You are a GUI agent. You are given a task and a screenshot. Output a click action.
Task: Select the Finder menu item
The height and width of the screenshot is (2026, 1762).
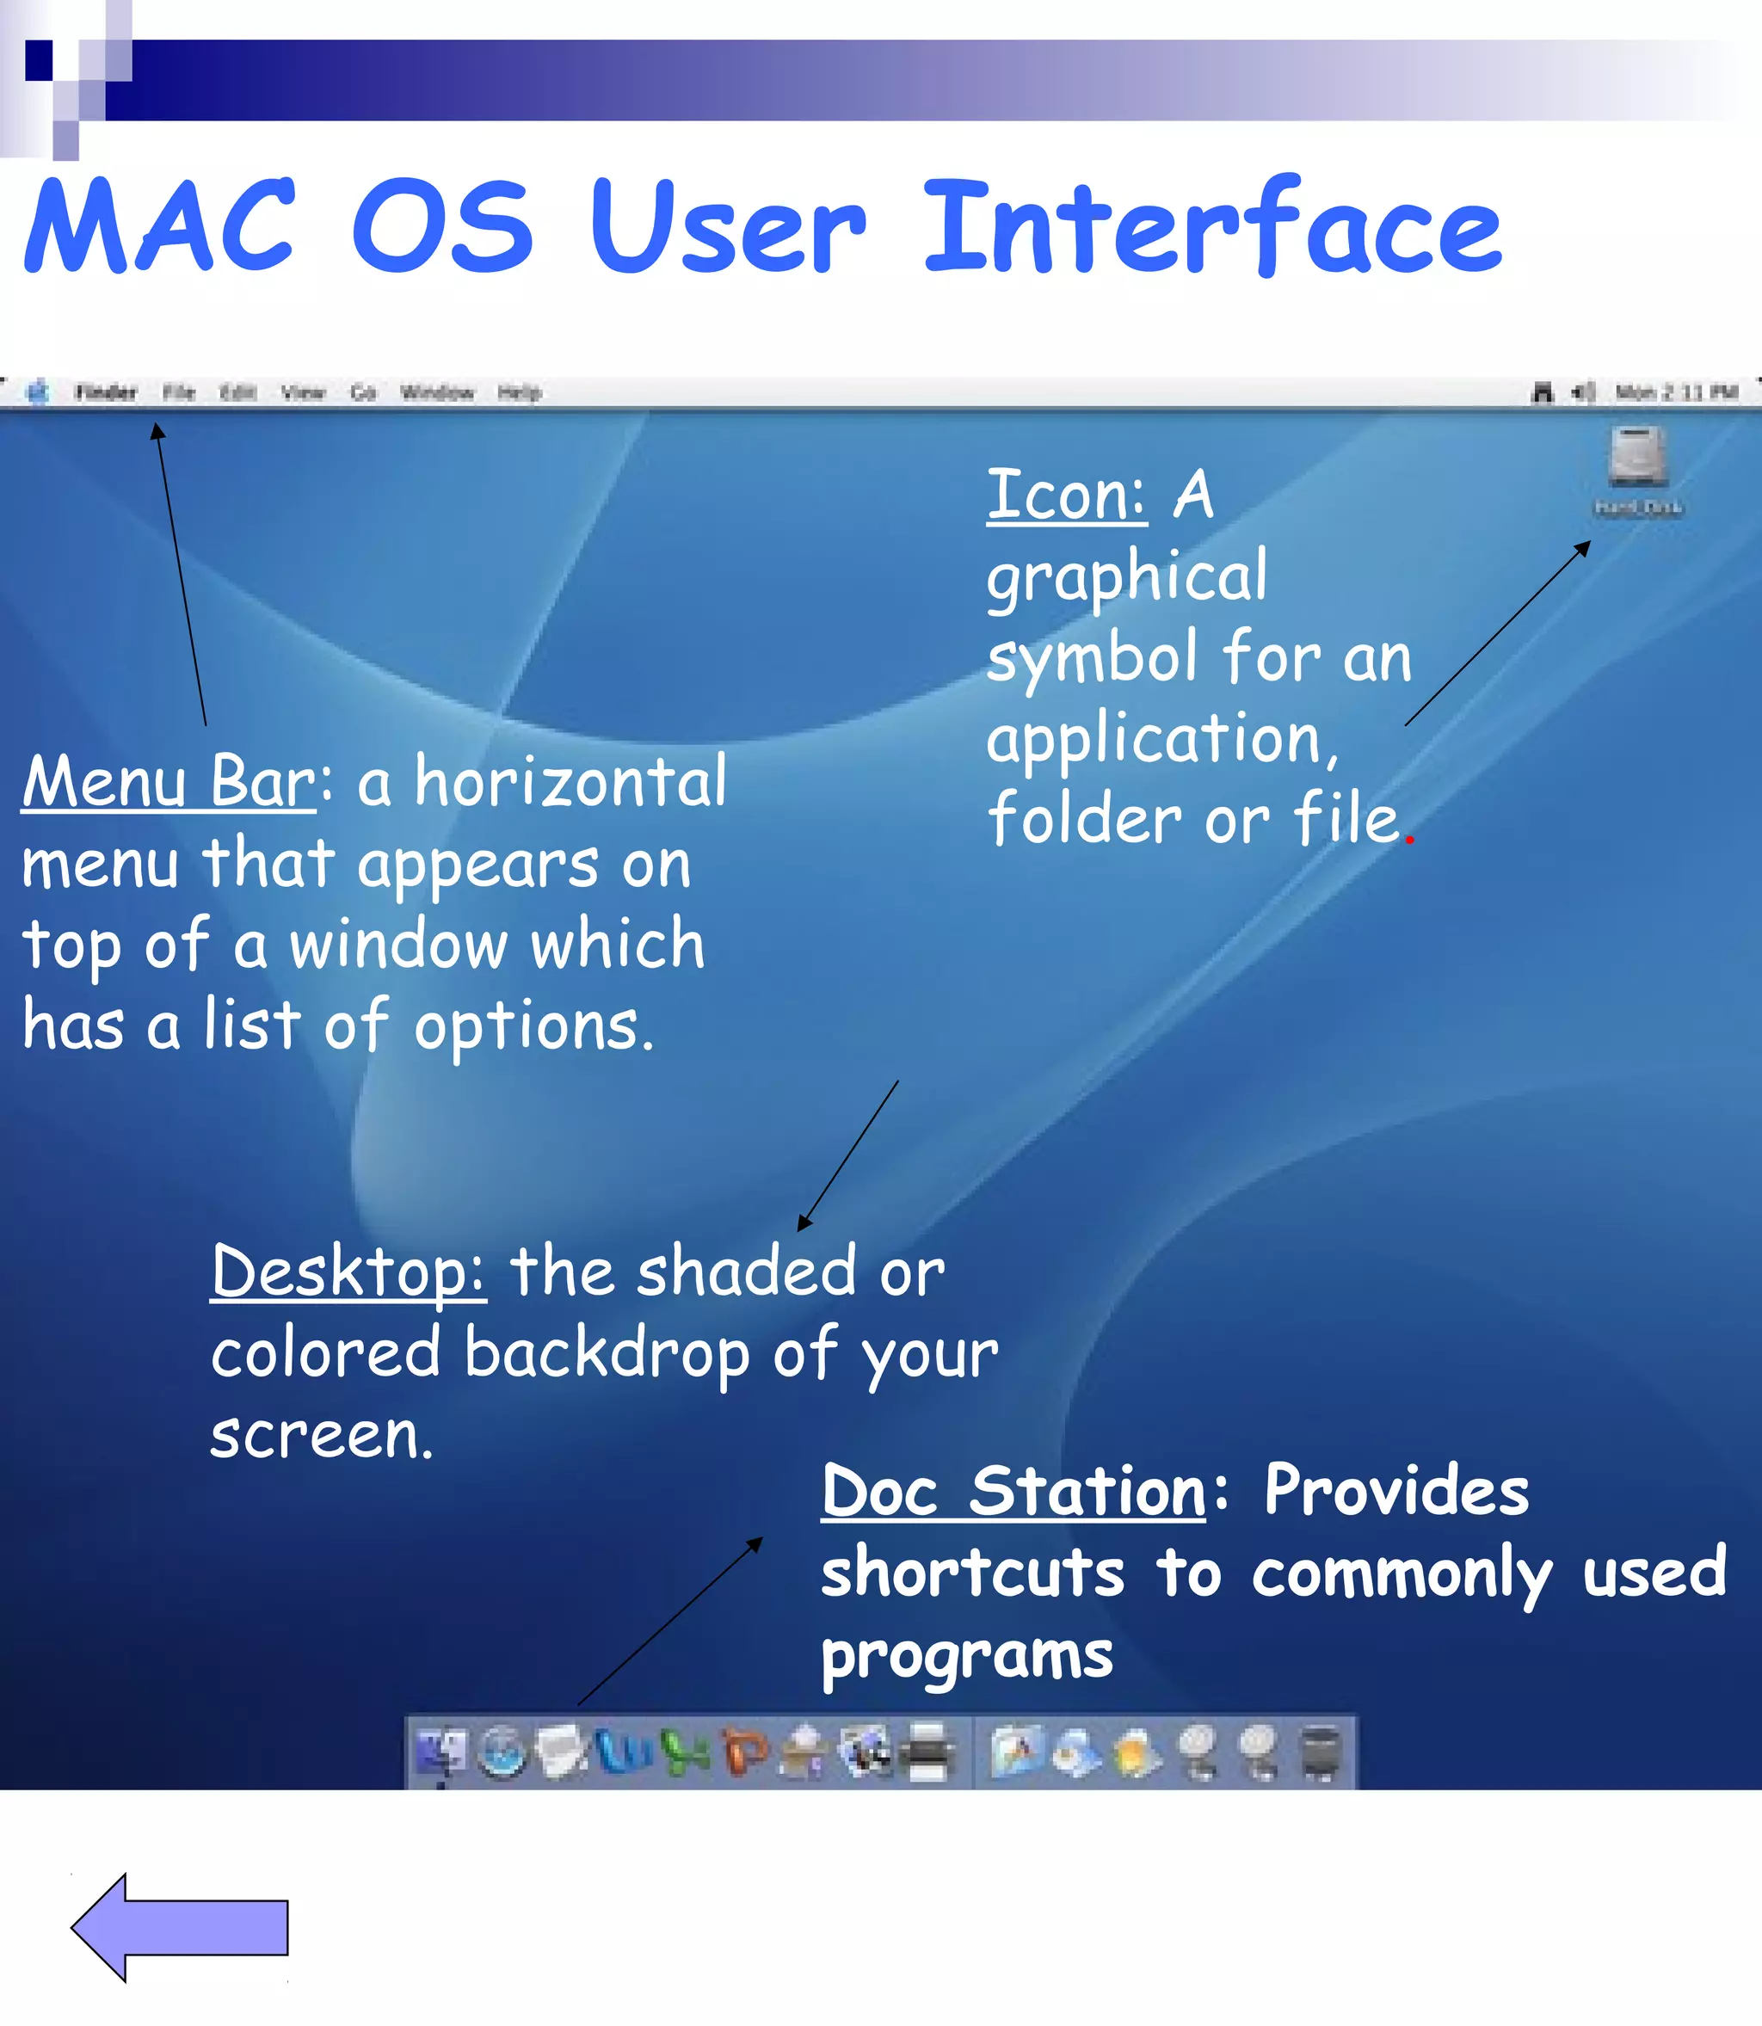click(105, 393)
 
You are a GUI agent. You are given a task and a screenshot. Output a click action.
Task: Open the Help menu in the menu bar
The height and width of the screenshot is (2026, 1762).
click(519, 393)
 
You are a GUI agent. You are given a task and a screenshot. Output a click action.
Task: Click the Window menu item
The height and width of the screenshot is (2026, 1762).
click(438, 393)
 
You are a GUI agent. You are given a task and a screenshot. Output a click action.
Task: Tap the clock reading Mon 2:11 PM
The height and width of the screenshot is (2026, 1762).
click(1677, 393)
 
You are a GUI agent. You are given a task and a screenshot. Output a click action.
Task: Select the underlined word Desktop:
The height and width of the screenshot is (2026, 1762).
click(348, 1272)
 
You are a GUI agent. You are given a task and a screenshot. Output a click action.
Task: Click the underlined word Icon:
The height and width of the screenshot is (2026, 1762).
click(1066, 496)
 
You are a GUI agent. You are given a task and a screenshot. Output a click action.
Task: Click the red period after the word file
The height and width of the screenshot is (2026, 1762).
click(1410, 839)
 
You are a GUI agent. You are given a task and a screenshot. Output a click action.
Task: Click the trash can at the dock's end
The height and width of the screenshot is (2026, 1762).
click(1321, 1752)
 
